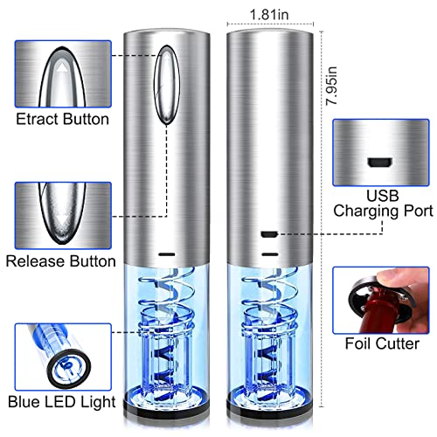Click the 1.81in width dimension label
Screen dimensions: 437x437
coord(269,15)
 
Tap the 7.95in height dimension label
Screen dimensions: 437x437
coord(331,86)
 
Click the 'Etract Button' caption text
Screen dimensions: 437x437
coord(63,119)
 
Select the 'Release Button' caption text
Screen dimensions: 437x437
coord(61,261)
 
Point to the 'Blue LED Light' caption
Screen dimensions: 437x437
coord(62,403)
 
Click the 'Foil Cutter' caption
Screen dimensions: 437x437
coord(382,343)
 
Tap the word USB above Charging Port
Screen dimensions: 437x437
coord(383,196)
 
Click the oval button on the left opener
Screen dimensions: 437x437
coord(166,85)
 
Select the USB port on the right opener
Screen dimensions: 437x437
coord(269,234)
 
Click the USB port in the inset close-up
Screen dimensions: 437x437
coord(379,163)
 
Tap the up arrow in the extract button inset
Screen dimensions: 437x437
coord(61,69)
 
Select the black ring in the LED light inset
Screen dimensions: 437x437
coord(69,368)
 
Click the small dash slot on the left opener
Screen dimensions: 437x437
coord(167,254)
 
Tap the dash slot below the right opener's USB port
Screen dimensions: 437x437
coord(270,254)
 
